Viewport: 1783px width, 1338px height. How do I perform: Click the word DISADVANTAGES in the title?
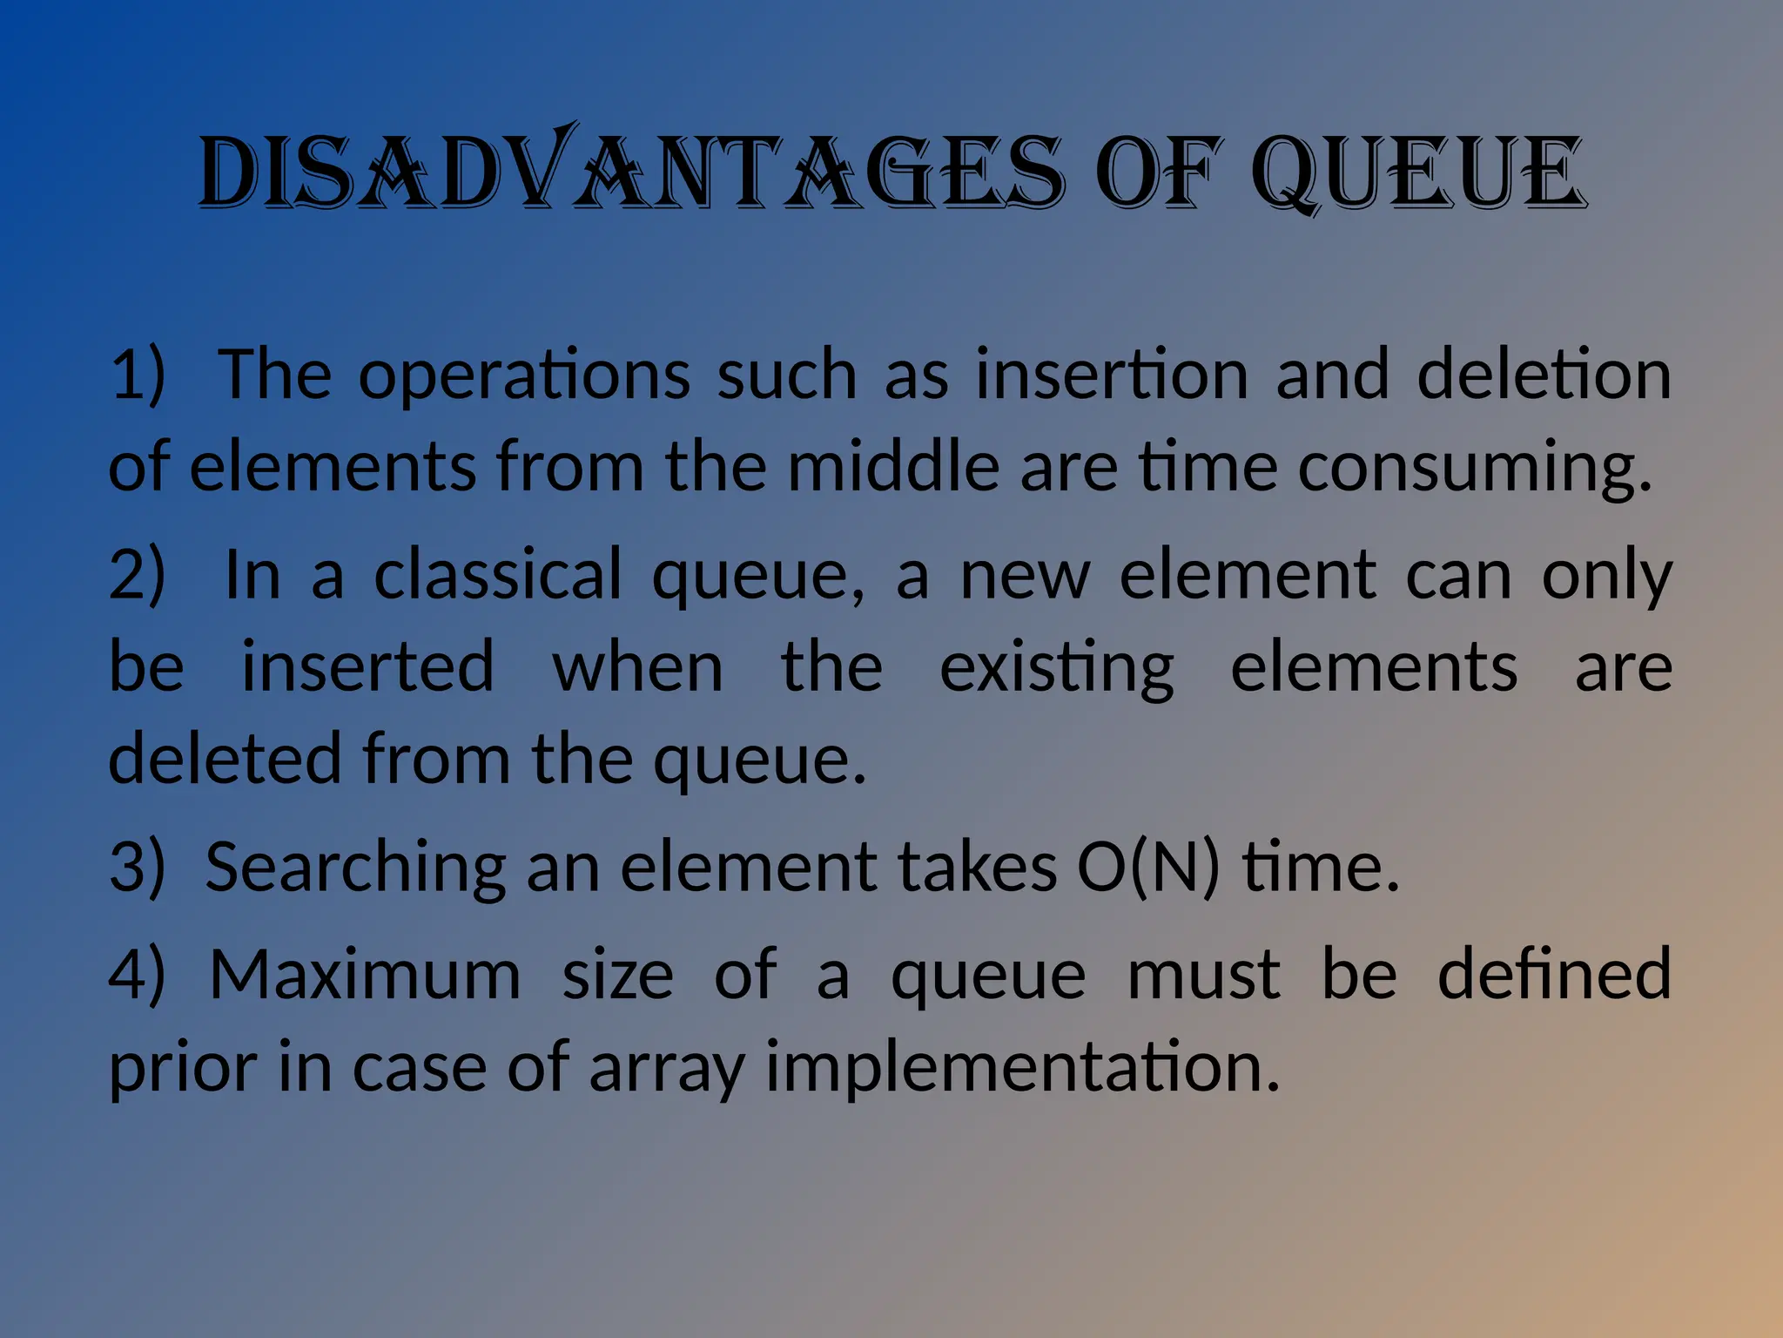pyautogui.click(x=631, y=172)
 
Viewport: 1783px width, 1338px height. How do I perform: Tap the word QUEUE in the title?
pyautogui.click(x=1418, y=172)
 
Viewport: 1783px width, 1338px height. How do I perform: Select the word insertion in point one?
pyautogui.click(x=1112, y=375)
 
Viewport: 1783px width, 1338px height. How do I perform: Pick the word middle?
pyautogui.click(x=893, y=466)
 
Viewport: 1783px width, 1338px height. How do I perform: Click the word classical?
pyautogui.click(x=498, y=575)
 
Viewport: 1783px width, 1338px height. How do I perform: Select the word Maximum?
pyautogui.click(x=365, y=975)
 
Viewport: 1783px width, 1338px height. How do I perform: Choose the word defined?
pyautogui.click(x=1554, y=974)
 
